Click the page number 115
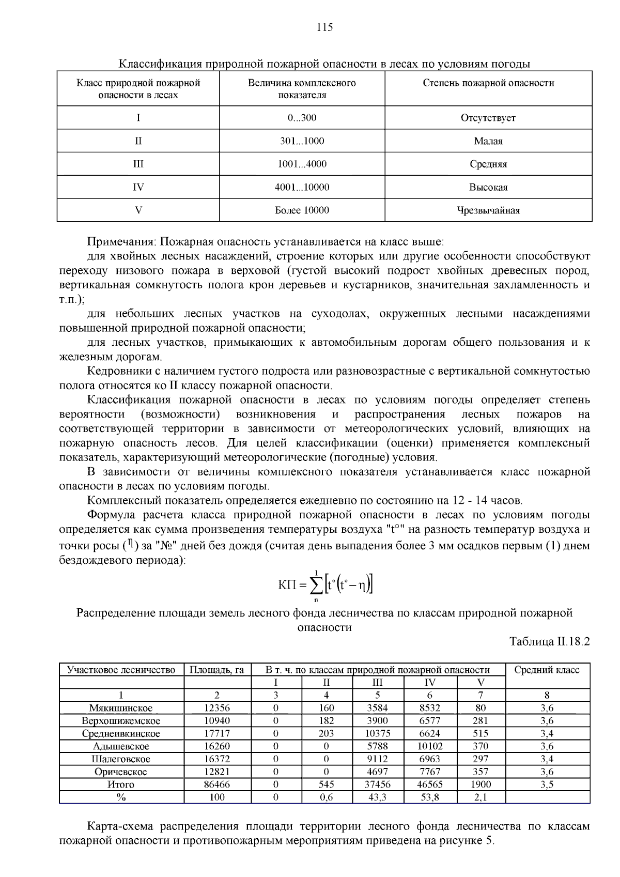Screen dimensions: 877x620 324,27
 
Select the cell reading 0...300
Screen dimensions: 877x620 302,118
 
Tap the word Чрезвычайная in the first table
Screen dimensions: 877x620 488,210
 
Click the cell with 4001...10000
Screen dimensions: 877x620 302,187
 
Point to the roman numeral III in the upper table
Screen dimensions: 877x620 138,164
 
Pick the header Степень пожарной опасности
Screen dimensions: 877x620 488,83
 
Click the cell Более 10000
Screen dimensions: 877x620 302,210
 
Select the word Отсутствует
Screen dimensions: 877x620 488,118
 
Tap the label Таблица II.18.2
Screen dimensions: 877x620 549,642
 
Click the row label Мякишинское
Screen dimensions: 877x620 121,708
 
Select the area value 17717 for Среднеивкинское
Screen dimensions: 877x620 217,733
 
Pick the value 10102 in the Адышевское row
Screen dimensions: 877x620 430,746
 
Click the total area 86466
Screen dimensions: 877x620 217,784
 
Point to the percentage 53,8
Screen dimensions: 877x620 430,797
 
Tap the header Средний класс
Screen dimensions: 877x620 547,670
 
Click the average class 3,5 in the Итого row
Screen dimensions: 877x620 547,784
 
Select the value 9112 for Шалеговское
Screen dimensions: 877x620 378,759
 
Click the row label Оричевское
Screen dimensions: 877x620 121,772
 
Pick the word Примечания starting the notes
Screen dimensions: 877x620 121,242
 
